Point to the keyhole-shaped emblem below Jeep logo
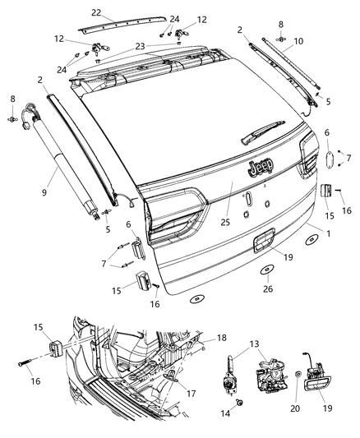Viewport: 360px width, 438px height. (x=250, y=197)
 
